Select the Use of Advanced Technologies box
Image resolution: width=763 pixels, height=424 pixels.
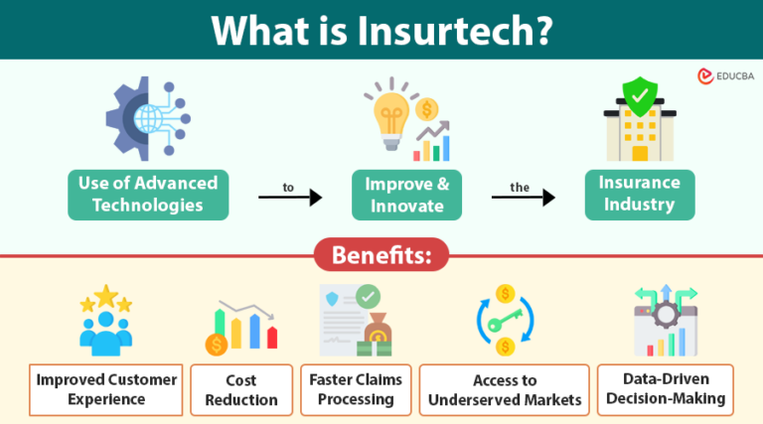(148, 194)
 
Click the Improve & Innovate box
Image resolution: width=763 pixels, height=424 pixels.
(408, 194)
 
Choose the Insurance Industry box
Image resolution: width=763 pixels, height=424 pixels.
(639, 194)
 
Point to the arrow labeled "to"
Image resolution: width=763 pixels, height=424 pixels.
(290, 198)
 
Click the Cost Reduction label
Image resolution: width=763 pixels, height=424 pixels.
(241, 389)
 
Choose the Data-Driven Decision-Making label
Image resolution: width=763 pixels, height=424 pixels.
(666, 389)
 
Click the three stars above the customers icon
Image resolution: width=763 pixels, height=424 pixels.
(105, 298)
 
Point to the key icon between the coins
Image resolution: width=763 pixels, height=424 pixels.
(505, 321)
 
